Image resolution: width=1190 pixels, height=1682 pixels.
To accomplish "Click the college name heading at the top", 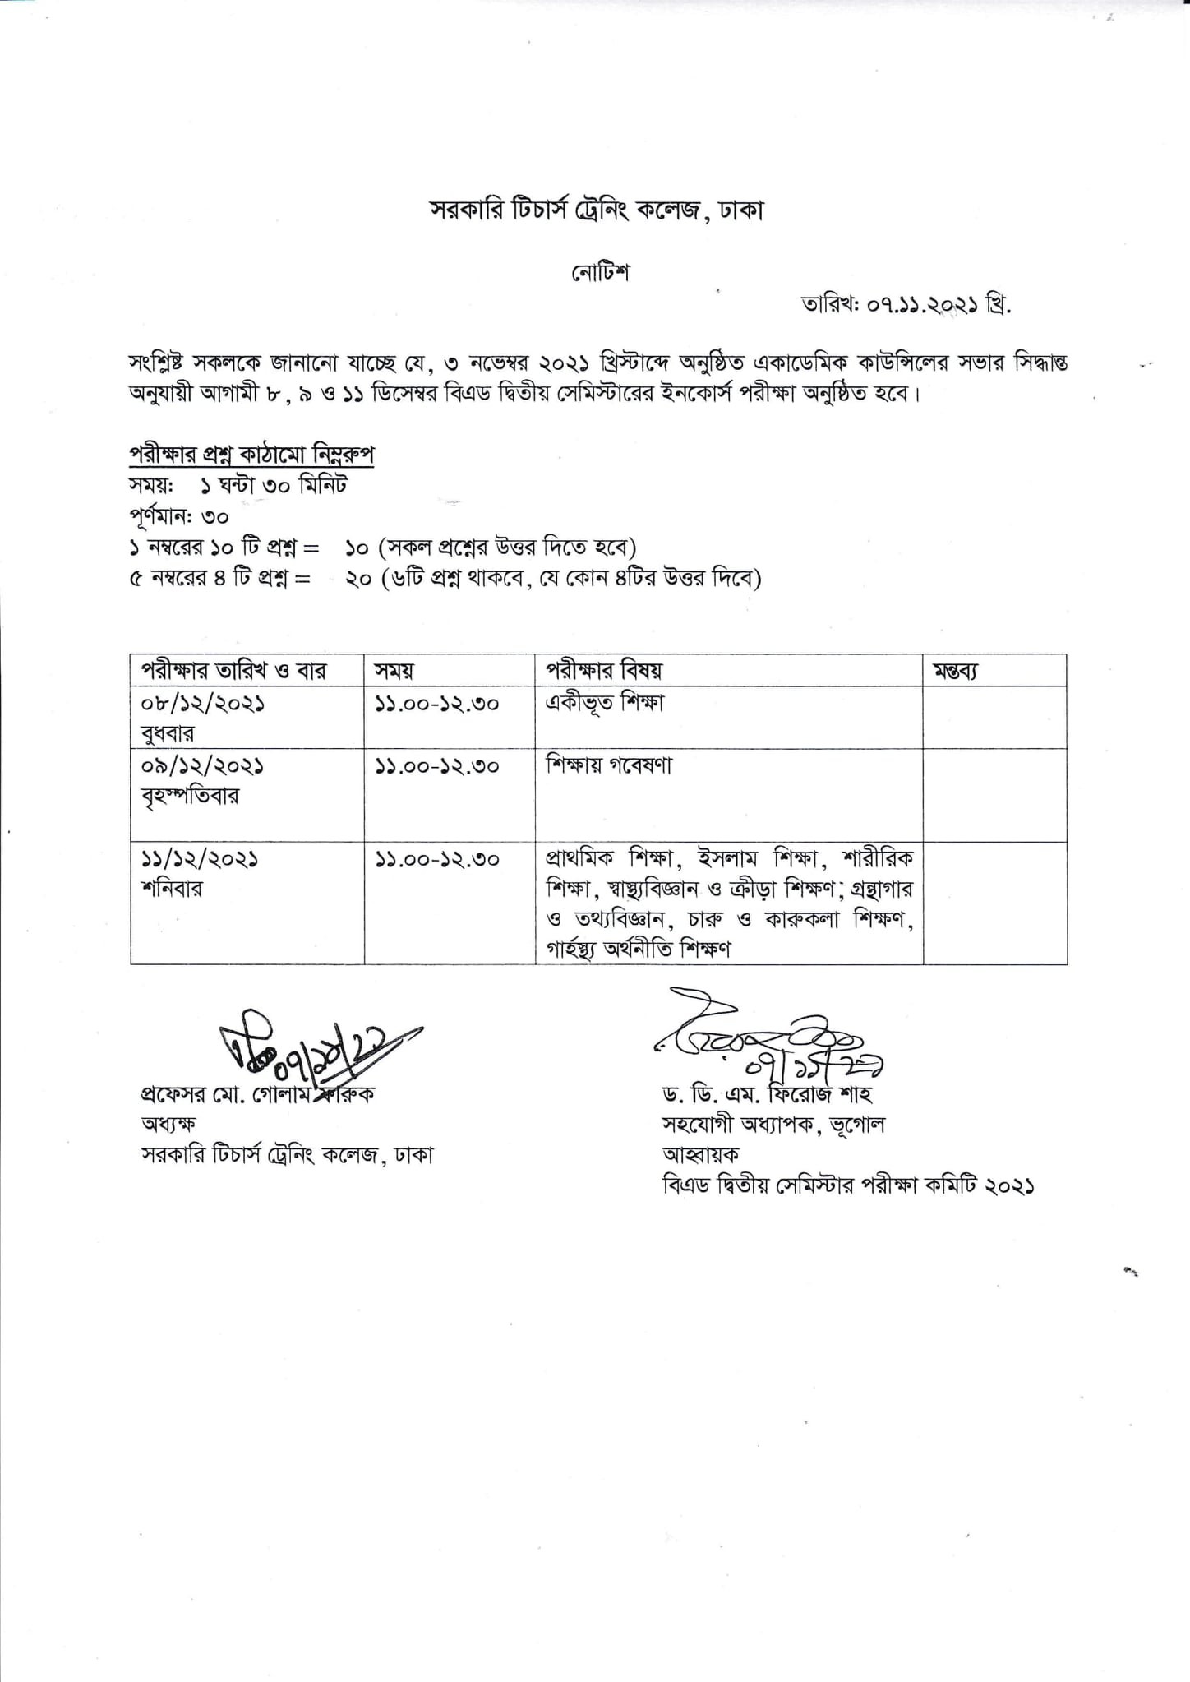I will [597, 211].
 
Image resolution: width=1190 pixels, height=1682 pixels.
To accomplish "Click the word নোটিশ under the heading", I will [601, 273].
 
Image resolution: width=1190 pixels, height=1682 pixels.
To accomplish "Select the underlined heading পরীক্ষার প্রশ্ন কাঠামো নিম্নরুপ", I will [252, 455].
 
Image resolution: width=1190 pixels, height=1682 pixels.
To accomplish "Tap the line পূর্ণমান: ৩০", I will [178, 517].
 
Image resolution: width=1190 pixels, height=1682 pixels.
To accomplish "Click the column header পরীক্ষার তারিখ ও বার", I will [234, 671].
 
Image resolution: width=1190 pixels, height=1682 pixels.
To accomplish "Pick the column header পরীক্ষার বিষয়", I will [604, 671].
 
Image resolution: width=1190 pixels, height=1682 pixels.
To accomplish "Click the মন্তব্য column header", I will [956, 671].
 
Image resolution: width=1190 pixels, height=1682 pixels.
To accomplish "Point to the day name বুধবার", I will [168, 733].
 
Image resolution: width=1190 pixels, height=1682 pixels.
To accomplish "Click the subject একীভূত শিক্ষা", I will [605, 703].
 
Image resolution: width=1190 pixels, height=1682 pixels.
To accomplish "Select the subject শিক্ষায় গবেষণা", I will [609, 765].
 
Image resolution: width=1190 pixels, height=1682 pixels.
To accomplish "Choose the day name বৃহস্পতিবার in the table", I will [190, 796].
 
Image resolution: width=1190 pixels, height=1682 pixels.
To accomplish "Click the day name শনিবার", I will [172, 889].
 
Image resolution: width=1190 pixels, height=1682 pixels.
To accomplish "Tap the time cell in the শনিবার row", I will [437, 859].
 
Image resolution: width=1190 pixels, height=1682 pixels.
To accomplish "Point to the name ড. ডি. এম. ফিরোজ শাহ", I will [767, 1095].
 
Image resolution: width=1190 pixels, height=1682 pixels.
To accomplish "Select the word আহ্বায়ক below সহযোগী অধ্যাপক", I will [701, 1154].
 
